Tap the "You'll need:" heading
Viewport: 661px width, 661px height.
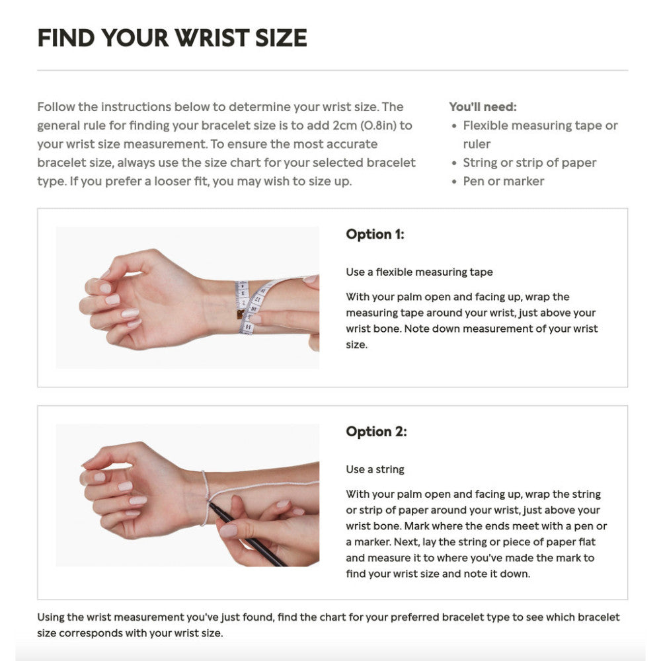(x=483, y=106)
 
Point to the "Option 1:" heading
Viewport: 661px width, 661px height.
(x=375, y=235)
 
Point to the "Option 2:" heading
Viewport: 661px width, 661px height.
(x=376, y=432)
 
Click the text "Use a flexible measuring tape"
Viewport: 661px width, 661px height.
(x=419, y=272)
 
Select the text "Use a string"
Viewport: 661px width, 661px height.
(x=375, y=469)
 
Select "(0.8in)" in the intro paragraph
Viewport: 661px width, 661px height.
(x=378, y=126)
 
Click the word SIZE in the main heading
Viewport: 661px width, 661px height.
(x=281, y=38)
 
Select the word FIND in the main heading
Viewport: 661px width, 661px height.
(x=66, y=38)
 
